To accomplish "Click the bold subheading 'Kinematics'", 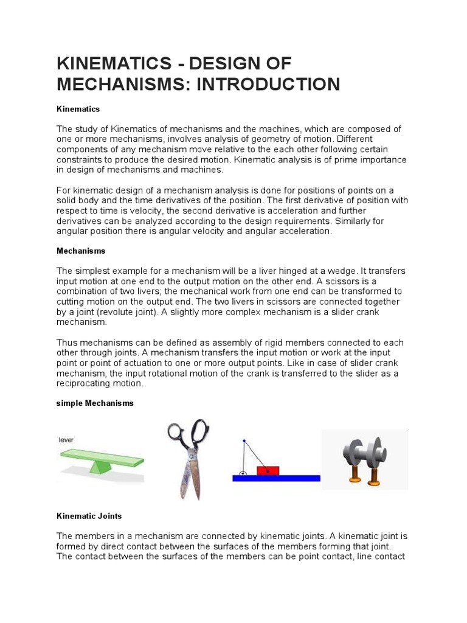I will click(x=78, y=108).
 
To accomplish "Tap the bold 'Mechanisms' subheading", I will click(x=81, y=250).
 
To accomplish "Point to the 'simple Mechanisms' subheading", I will click(x=95, y=403).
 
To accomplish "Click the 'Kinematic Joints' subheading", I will click(x=89, y=515).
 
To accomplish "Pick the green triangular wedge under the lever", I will click(x=100, y=466).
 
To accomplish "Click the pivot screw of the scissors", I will click(x=192, y=454).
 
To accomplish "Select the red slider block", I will click(x=268, y=470).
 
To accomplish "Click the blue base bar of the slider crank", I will click(x=276, y=478).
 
